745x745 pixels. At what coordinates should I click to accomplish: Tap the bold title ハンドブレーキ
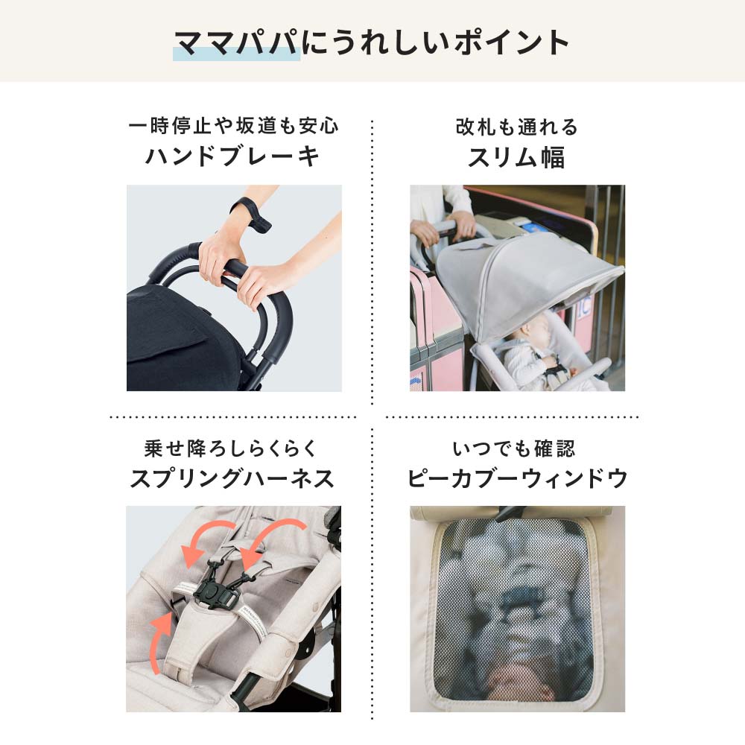(232, 156)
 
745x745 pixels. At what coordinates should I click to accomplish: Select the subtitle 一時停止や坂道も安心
(233, 126)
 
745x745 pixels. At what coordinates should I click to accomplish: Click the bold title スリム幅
(516, 156)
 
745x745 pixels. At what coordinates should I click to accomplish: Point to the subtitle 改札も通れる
(516, 127)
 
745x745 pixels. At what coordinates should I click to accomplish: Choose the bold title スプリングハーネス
(232, 478)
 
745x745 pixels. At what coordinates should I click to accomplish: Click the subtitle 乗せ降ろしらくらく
(232, 449)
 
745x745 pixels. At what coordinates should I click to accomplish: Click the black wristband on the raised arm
(249, 210)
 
